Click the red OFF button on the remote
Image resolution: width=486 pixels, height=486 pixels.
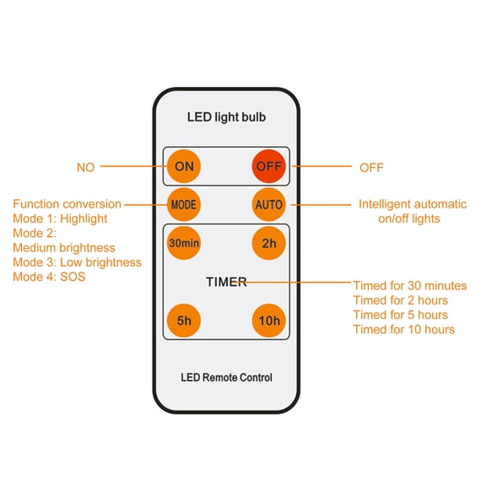point(268,167)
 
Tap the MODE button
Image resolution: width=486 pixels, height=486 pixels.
point(184,204)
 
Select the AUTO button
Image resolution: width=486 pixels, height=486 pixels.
point(268,204)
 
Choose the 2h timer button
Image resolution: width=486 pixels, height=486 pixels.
point(268,244)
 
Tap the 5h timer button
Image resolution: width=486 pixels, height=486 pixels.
point(184,320)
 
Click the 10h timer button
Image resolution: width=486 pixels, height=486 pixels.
point(268,320)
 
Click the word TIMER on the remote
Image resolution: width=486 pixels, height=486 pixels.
point(226,282)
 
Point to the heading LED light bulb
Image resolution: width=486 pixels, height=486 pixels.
point(226,117)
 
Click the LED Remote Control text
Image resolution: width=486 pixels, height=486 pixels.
point(226,377)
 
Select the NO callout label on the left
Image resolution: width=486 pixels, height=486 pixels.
point(85,168)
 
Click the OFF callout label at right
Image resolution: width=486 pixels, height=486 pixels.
point(371,168)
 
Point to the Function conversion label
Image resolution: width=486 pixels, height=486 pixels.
point(67,204)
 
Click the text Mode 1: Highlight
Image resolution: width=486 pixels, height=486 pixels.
point(60,219)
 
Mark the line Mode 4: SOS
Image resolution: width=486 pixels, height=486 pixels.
point(49,277)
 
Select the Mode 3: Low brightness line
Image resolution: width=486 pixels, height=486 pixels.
point(77,262)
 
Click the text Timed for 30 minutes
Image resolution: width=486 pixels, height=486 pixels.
point(409,286)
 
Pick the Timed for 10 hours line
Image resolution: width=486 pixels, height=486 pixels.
point(403,329)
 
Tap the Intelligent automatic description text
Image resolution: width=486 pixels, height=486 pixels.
point(412,204)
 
